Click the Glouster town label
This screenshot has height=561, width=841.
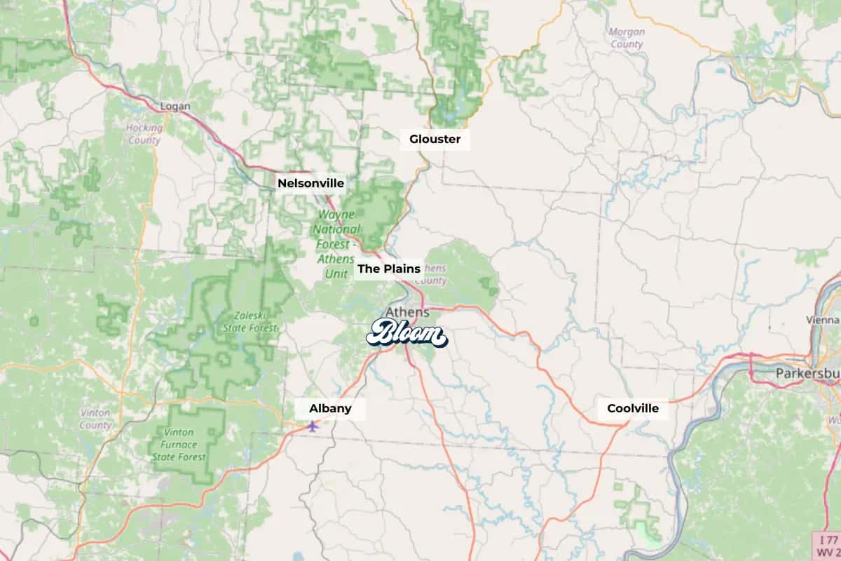tap(435, 139)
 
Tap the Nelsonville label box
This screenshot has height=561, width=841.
tap(310, 183)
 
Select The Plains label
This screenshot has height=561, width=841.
tap(389, 269)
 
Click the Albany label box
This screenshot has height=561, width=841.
tap(330, 408)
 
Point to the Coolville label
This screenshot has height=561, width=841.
tap(633, 408)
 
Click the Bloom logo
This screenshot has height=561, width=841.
tap(406, 334)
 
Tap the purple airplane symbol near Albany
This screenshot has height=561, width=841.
tap(313, 425)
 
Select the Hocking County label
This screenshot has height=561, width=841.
tap(144, 134)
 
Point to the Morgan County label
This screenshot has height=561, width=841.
tap(626, 38)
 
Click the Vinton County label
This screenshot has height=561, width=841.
tap(95, 419)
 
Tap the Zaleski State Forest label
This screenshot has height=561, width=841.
tap(250, 322)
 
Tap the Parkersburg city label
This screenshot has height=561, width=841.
tap(807, 374)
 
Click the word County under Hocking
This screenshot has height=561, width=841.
tap(144, 140)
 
